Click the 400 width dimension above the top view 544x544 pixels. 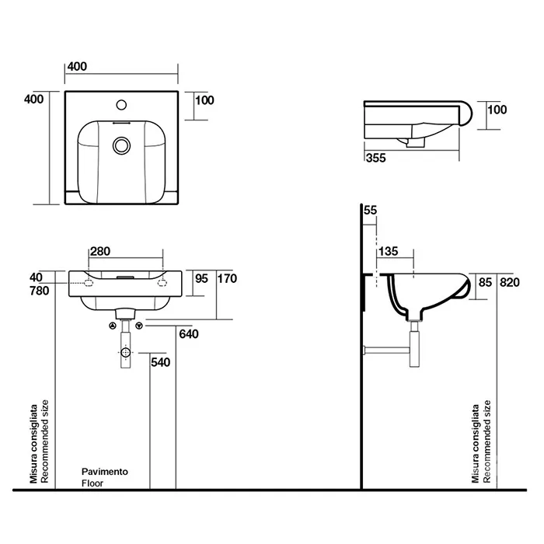point(77,67)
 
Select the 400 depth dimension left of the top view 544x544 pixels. point(33,99)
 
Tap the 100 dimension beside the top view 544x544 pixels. point(204,99)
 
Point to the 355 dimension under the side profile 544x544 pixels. point(375,158)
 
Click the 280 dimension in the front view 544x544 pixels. point(101,251)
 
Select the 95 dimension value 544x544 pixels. point(202,278)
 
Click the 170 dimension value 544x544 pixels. point(226,278)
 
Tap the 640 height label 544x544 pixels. point(189,335)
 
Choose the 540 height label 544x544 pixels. point(160,362)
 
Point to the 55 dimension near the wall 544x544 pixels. point(369,211)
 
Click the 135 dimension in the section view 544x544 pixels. point(389,251)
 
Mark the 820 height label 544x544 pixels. point(508,282)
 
